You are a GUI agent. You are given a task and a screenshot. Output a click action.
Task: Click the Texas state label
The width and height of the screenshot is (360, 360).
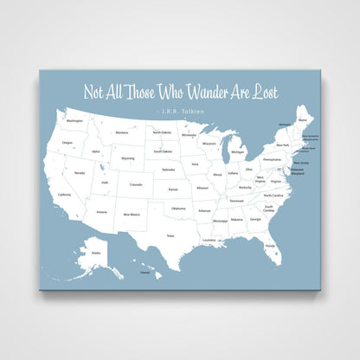(170, 235)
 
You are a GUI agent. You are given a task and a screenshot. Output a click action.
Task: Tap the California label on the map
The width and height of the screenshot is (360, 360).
(64, 195)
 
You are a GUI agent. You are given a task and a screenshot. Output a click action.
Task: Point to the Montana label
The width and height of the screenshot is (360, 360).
(122, 132)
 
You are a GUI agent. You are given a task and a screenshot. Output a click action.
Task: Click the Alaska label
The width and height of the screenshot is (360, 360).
(95, 252)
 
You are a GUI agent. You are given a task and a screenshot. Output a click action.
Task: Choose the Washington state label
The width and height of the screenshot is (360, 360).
(74, 120)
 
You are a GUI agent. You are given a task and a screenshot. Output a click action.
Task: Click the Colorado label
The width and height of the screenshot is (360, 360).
(136, 184)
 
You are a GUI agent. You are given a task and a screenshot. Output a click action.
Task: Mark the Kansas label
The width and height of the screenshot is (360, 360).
(173, 189)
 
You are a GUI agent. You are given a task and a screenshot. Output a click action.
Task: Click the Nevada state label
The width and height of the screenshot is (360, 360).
(80, 173)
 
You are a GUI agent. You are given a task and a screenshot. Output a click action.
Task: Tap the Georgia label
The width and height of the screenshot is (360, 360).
(255, 219)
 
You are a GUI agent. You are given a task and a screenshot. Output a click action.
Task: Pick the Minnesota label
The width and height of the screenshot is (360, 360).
(188, 136)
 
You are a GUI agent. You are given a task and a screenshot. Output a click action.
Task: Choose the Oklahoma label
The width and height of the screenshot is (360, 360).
(177, 209)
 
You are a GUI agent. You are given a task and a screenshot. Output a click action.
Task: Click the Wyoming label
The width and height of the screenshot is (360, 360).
(127, 158)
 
